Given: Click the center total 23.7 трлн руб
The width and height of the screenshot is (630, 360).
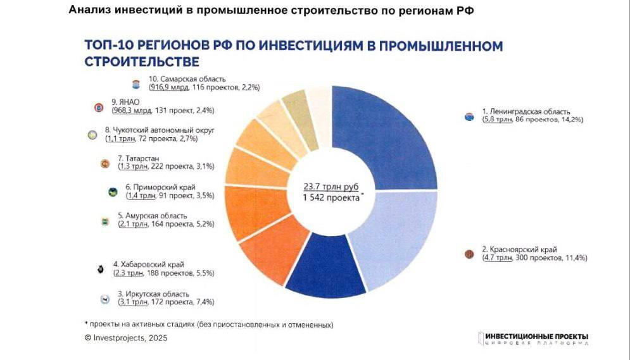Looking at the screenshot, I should [331, 187].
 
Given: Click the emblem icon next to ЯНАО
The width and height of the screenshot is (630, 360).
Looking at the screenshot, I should [98, 108].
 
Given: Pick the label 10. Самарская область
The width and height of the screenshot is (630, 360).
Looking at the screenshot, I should [187, 79].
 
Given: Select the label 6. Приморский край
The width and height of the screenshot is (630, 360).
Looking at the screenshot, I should [160, 187].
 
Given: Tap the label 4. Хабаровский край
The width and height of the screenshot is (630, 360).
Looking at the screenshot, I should [149, 264].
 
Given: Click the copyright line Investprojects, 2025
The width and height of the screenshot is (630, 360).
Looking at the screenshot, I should [126, 338].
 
